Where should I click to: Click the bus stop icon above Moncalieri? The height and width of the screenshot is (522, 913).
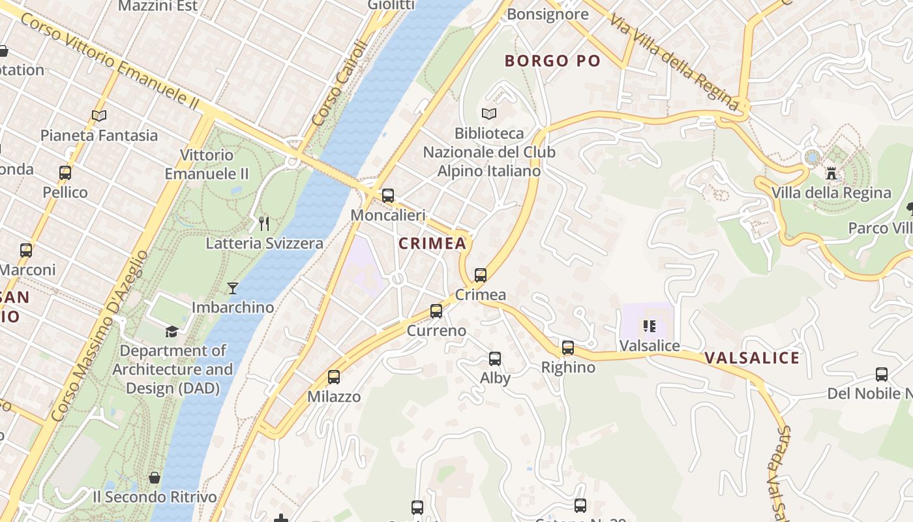click(388, 195)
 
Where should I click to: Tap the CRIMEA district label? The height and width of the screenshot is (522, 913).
click(432, 244)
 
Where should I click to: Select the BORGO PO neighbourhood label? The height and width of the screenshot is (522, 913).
click(552, 61)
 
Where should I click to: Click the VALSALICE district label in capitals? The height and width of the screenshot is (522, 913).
click(752, 358)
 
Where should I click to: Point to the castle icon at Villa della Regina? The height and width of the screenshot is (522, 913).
click(831, 174)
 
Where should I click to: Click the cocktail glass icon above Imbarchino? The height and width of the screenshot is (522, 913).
click(233, 288)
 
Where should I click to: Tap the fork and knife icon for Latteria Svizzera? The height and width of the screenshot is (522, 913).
click(264, 224)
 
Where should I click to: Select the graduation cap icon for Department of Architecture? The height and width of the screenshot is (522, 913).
click(172, 331)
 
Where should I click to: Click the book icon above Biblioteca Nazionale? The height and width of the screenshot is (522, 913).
click(489, 114)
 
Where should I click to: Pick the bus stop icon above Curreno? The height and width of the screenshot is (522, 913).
click(436, 311)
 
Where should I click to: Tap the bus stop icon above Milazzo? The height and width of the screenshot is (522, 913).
click(334, 377)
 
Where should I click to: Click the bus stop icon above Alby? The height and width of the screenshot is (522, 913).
click(495, 358)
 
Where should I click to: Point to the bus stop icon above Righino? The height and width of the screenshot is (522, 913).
click(568, 348)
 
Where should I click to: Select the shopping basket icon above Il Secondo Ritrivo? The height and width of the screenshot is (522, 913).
click(155, 478)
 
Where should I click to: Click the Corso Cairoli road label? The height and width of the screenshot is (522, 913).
click(340, 83)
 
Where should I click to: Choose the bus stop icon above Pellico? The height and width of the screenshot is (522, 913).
click(65, 173)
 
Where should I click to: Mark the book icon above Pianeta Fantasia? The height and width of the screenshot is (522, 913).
click(99, 115)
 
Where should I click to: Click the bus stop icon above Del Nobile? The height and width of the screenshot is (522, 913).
click(882, 375)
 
